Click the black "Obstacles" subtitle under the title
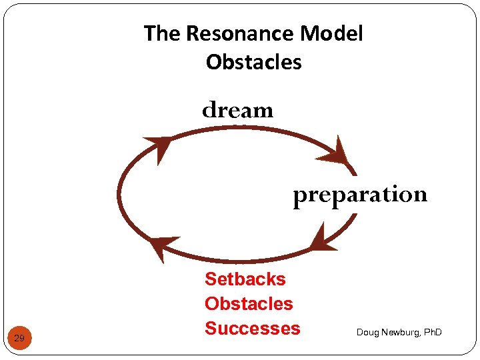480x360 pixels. (x=253, y=62)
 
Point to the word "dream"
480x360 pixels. (x=238, y=109)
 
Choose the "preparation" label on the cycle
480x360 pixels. (x=360, y=195)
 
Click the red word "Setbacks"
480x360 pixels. (x=245, y=279)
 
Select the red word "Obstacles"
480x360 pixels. (x=249, y=303)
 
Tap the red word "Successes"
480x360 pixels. (x=252, y=328)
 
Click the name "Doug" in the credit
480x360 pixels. (x=367, y=332)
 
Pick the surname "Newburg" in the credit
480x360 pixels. (x=400, y=332)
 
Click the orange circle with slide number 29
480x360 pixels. (x=19, y=339)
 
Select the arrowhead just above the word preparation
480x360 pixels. (x=335, y=153)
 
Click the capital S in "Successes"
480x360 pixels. (x=211, y=328)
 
